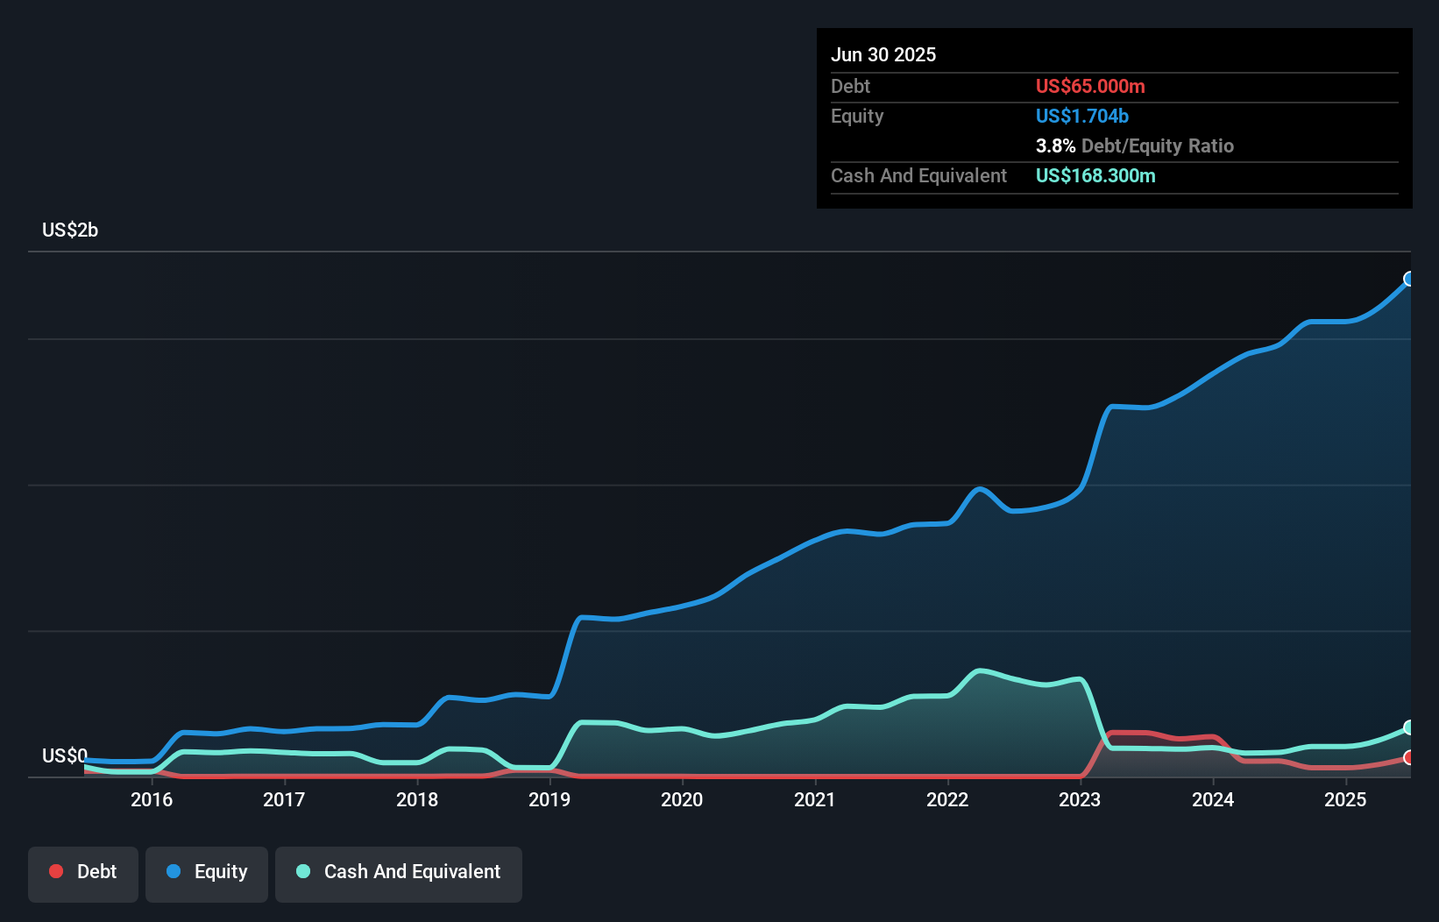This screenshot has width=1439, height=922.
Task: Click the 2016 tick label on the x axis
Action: (x=151, y=799)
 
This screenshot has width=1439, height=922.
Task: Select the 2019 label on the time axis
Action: (x=549, y=799)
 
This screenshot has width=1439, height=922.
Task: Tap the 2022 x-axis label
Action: (x=947, y=799)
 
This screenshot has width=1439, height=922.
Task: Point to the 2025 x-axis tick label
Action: (x=1345, y=799)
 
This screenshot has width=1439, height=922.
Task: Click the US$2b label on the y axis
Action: (x=70, y=230)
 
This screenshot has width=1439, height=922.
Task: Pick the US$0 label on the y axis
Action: (x=65, y=755)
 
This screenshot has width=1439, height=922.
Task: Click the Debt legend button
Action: (x=83, y=872)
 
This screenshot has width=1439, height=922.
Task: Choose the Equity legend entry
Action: (x=207, y=872)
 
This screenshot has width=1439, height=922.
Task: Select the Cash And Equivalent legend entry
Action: (x=399, y=872)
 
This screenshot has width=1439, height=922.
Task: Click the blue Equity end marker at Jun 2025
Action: (x=1409, y=279)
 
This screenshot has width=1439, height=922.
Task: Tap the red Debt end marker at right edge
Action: (x=1409, y=757)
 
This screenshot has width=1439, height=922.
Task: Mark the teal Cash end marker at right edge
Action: (x=1409, y=727)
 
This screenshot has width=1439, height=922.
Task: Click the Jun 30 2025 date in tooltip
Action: (x=883, y=55)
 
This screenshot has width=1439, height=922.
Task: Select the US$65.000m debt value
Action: (x=1090, y=87)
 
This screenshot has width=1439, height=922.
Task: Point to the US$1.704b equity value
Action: (x=1082, y=117)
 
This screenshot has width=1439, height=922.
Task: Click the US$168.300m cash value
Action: (x=1095, y=176)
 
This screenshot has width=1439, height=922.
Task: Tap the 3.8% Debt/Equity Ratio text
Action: (x=1134, y=146)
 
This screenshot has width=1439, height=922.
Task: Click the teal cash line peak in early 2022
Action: (x=981, y=671)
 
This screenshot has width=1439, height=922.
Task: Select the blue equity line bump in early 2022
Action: (x=979, y=489)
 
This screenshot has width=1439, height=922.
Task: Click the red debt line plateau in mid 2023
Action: (x=1131, y=733)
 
